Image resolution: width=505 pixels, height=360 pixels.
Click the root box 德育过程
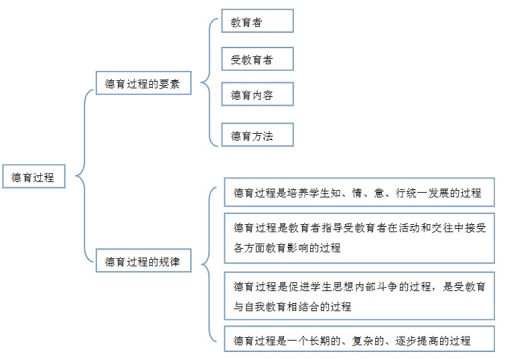33,176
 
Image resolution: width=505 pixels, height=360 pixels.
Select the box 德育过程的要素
143,83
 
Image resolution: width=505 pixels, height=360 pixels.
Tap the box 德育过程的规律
143,260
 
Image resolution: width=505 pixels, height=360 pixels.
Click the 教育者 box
257,21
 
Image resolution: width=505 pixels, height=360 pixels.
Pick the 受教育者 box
257,59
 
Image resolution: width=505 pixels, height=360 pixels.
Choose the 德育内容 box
257,94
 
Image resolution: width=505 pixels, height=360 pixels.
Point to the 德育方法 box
257,134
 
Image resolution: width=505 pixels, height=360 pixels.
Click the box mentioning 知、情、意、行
359,192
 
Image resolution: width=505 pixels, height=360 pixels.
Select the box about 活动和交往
359,238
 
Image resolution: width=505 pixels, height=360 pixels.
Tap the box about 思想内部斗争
359,296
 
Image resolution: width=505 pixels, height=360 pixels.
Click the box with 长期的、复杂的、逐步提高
359,339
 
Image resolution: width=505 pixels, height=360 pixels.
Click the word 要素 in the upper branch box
169,84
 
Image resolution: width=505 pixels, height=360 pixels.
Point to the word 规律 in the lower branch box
169,261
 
